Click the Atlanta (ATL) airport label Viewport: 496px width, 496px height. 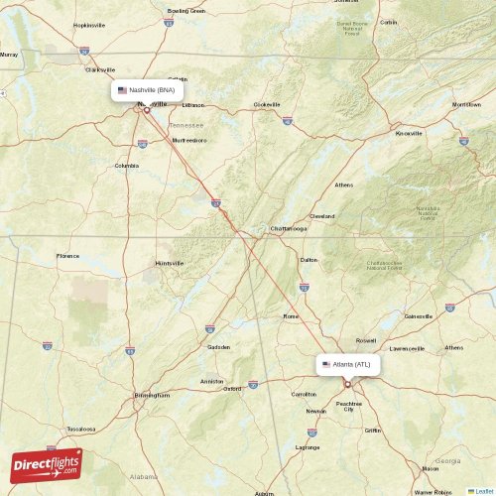pos(351,365)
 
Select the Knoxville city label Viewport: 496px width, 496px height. pos(409,133)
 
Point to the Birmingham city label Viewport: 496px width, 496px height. pos(152,395)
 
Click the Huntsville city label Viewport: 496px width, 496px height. pos(170,263)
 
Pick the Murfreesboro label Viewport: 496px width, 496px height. pos(189,140)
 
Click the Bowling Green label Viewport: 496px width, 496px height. pos(186,11)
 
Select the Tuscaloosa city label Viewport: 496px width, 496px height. pos(80,430)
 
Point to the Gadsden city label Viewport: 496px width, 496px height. pos(218,347)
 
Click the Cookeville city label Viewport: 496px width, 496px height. pos(267,104)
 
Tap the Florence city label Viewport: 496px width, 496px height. pos(67,256)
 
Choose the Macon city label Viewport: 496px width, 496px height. pos(431,468)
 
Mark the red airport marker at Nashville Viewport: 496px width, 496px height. pos(146,109)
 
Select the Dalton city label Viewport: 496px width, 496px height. pos(310,260)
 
